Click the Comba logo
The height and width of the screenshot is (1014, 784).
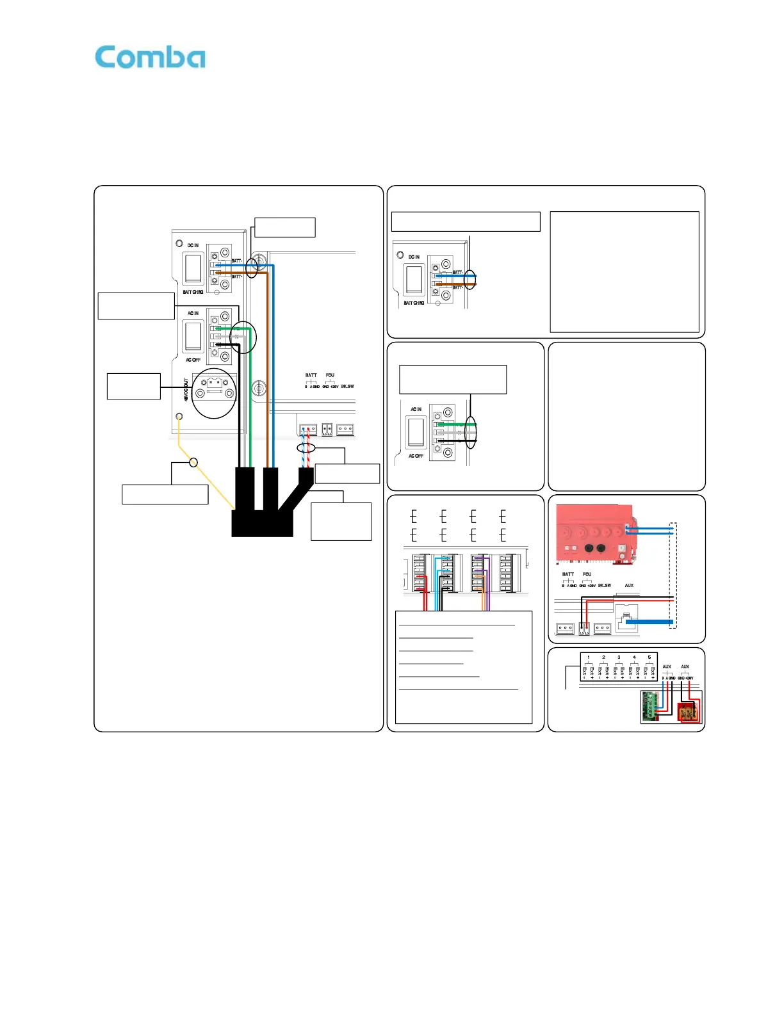click(x=150, y=58)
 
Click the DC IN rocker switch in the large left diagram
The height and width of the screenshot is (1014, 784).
click(x=193, y=268)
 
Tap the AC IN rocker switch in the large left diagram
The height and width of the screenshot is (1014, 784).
click(x=193, y=335)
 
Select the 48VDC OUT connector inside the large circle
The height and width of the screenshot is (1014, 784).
click(x=215, y=386)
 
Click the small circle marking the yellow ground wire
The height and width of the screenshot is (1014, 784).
click(x=193, y=462)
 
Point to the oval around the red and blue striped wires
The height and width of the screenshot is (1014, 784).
click(x=307, y=447)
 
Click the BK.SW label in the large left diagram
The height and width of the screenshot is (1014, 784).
click(x=347, y=387)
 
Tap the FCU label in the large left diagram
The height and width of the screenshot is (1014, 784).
click(x=330, y=375)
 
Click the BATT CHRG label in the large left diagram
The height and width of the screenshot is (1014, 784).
click(x=193, y=292)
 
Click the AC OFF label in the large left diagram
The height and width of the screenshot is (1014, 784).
click(x=193, y=360)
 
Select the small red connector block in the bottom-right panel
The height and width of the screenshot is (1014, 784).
click(x=688, y=711)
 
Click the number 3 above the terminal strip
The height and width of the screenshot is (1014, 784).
click(x=619, y=657)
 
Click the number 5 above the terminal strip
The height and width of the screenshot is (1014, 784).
click(x=649, y=657)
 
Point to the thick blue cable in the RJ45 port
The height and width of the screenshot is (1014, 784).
click(x=649, y=622)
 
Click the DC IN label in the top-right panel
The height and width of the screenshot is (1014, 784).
click(x=414, y=257)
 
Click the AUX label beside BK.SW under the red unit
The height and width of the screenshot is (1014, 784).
click(x=629, y=585)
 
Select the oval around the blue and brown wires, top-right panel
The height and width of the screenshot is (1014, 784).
click(x=470, y=279)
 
